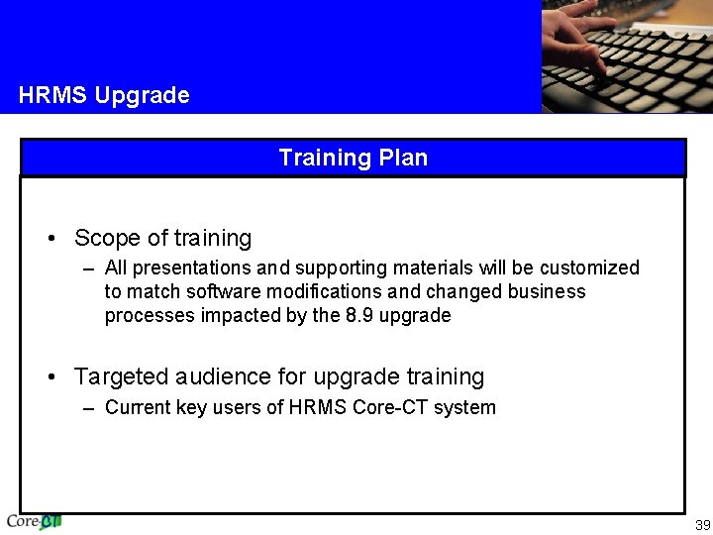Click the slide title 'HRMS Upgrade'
[104, 96]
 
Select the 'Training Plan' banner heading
[353, 158]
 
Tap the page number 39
[702, 524]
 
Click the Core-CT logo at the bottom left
[34, 521]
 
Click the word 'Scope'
[107, 239]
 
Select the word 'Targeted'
[121, 377]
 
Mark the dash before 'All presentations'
[90, 268]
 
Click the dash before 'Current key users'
[90, 408]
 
